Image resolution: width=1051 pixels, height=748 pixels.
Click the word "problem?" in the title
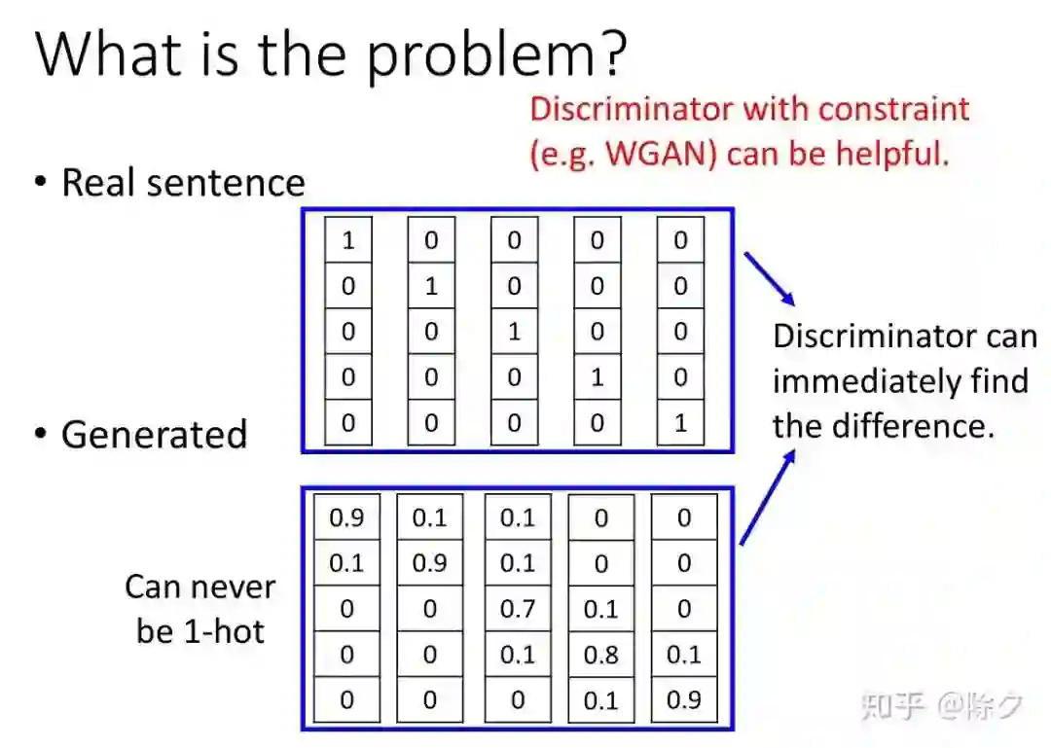pos(496,56)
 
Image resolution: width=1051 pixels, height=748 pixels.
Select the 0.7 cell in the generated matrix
pos(518,610)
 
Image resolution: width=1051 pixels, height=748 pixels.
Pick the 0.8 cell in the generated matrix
pos(600,655)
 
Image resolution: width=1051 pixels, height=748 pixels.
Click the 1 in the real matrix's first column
pos(348,240)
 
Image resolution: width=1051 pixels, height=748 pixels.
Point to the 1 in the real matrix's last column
pos(680,423)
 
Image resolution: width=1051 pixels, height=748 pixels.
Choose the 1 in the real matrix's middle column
pos(515,332)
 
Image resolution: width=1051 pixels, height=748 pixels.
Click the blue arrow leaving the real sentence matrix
pos(770,279)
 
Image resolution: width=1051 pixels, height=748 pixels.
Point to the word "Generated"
pos(154,434)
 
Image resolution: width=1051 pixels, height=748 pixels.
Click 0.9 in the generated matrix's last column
pos(684,699)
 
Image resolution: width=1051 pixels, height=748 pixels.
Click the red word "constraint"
pos(893,107)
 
